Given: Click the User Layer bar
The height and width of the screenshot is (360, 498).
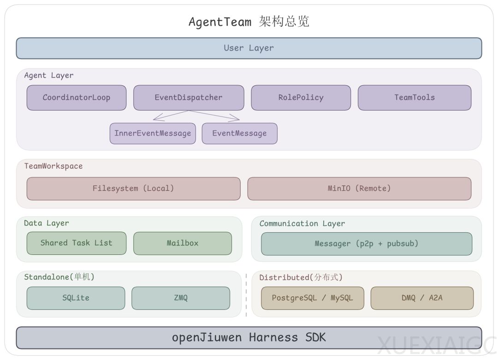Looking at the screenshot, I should coord(249,48).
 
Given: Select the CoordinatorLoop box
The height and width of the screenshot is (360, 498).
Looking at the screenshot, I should coord(76,97).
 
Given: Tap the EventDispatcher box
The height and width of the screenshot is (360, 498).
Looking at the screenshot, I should coord(189,97).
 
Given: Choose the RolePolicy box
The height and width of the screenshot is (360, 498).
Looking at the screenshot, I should coord(301,97).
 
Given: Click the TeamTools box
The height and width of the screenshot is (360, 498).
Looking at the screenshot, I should coord(414,97).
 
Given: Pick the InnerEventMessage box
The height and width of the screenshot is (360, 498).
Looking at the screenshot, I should coord(153,133).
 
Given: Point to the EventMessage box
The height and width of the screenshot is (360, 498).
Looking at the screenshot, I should coord(239,133).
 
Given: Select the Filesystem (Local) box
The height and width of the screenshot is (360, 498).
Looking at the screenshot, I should coord(133,188).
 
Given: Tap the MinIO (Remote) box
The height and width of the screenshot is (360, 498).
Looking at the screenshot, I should coord(359,188).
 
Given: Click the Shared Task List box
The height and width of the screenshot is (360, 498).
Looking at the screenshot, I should coord(76,243).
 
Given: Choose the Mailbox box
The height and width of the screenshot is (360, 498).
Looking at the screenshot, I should coord(182,243).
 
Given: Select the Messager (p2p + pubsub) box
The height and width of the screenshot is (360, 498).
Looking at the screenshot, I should coord(366,243).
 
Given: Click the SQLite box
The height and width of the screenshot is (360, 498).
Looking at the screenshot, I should coord(76,298).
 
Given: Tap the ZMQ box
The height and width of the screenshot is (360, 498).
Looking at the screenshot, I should coord(180,298).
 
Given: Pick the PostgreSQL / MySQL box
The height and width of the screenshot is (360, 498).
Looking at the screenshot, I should coord(312,298).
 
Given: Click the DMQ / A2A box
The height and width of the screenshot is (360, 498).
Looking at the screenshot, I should coord(421,298).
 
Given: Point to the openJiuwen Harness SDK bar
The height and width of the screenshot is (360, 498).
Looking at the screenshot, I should coord(249,337).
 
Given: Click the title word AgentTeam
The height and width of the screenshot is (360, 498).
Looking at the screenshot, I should coord(220,22).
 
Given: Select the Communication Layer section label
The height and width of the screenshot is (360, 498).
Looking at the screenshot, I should coord(302,224).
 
